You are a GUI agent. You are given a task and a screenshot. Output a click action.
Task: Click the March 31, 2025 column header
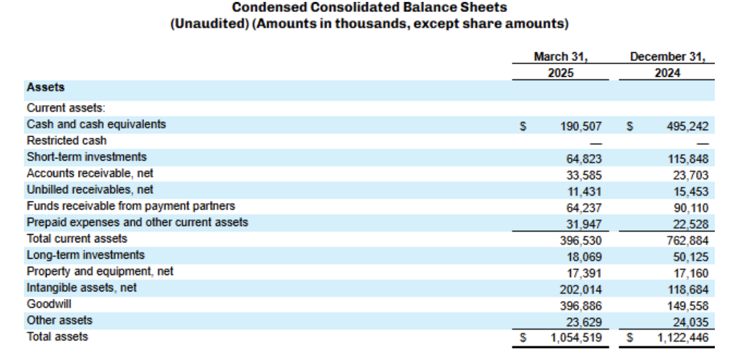(x=561, y=64)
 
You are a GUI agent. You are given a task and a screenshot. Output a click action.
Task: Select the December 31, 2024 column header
(x=667, y=64)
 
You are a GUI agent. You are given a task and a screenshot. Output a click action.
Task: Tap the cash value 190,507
(x=581, y=126)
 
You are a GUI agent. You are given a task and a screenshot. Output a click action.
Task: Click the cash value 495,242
(x=687, y=126)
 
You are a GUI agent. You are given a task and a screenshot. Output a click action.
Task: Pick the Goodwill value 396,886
(x=581, y=306)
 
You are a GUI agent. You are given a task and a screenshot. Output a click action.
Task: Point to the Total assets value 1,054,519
(x=576, y=338)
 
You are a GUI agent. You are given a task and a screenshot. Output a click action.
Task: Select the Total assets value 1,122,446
(x=683, y=338)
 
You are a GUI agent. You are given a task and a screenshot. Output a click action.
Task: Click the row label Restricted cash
(x=67, y=140)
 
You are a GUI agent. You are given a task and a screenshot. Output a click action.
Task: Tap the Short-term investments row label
(x=87, y=157)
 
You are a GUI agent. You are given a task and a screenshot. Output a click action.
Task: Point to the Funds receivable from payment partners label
(x=131, y=206)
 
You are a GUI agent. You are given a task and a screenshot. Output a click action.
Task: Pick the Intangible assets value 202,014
(x=581, y=290)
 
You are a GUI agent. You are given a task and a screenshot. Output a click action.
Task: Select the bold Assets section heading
(x=45, y=88)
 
